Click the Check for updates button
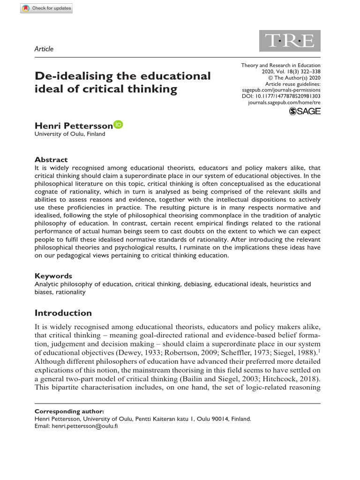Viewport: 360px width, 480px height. click(46, 8)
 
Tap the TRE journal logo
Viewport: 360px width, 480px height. click(290, 41)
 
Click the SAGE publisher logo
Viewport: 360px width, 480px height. click(305, 111)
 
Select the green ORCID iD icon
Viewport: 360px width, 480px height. click(118, 125)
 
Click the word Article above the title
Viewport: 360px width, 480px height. click(44, 49)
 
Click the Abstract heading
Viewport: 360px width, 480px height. click(51, 159)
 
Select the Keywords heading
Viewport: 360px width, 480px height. click(53, 276)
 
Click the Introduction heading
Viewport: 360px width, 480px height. click(63, 313)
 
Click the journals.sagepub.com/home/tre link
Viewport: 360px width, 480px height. click(284, 102)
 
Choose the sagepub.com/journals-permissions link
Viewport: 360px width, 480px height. click(281, 90)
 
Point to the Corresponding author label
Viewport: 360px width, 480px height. click(69, 411)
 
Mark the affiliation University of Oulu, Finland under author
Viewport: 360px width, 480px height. click(70, 134)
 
